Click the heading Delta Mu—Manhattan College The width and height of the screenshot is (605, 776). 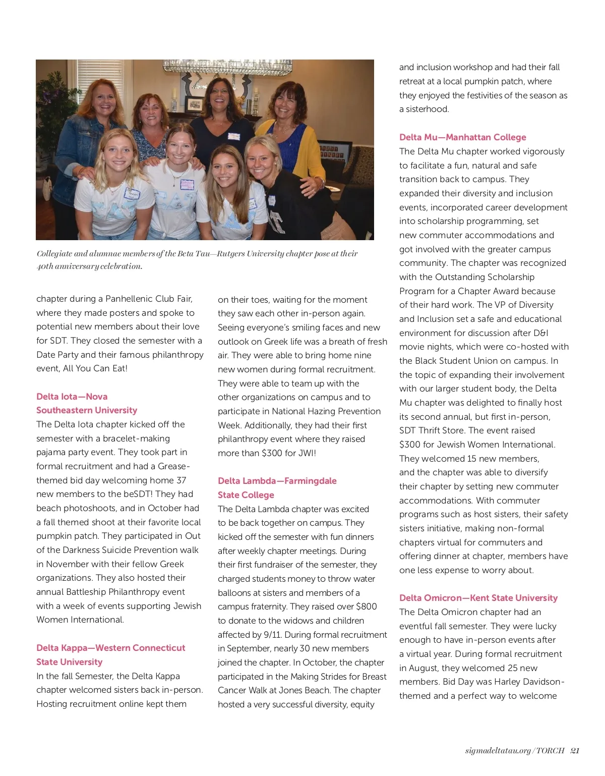tap(462, 137)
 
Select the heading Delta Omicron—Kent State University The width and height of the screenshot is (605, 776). tap(478, 598)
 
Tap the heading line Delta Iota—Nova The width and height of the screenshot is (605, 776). tap(72, 397)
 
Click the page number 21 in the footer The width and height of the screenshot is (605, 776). tap(575, 751)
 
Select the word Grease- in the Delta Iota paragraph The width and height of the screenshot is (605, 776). tap(174, 466)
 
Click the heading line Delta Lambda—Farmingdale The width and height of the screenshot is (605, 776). tap(277, 481)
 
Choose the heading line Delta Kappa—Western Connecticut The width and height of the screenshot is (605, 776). tap(110, 648)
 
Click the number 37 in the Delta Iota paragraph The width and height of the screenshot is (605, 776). tap(181, 480)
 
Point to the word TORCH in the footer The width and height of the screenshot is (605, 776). tap(550, 751)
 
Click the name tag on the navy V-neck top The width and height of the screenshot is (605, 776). tap(233, 137)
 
